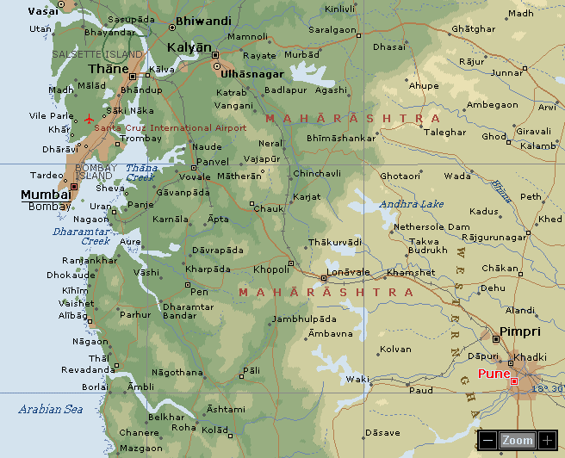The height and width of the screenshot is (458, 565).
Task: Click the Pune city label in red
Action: pos(494,374)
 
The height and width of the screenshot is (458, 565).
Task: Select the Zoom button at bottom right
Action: pos(518,440)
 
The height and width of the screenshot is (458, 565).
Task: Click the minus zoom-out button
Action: pos(488,440)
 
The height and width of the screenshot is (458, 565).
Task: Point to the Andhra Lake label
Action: pos(412,204)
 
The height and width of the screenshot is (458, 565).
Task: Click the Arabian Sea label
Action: pos(51,410)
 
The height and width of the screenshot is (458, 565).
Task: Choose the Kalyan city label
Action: pos(189,47)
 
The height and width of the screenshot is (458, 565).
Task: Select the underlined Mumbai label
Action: pos(46,194)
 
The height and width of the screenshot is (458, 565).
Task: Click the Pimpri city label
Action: pos(520,331)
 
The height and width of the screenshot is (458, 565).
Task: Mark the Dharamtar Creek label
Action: pos(82,236)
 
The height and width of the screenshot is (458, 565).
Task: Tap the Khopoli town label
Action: pos(272,269)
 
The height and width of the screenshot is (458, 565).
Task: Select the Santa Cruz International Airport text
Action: pos(171,128)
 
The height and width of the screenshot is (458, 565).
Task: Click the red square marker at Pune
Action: pos(514,381)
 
